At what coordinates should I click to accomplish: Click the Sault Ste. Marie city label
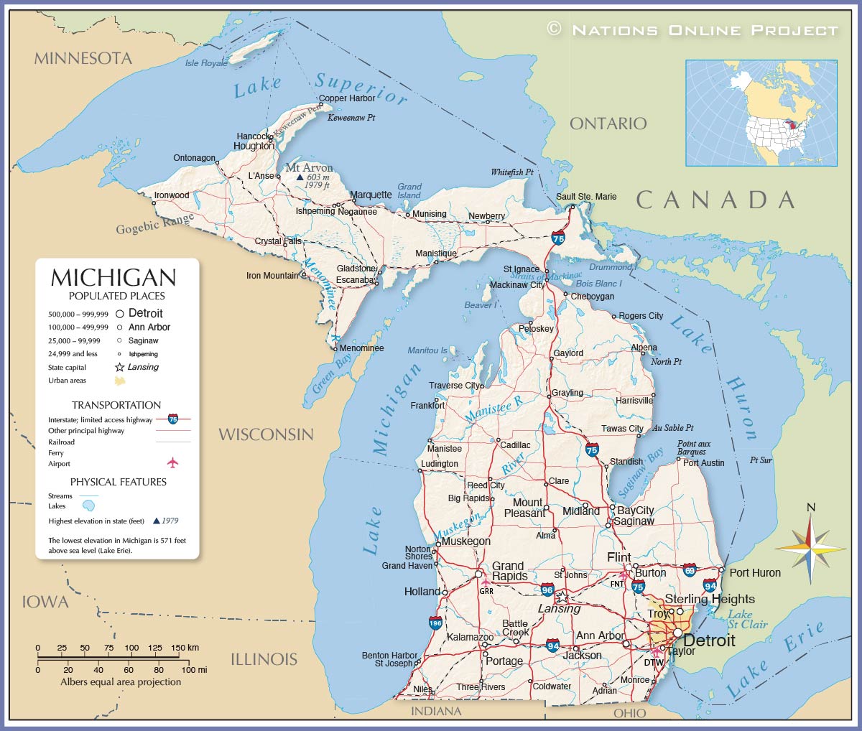pos(586,196)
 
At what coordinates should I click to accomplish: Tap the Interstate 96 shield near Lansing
pos(547,590)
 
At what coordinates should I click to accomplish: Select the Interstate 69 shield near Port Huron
pos(689,570)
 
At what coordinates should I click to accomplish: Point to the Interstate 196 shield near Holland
pos(435,623)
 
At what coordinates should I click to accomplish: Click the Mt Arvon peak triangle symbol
pos(300,177)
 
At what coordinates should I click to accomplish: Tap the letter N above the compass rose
pos(811,508)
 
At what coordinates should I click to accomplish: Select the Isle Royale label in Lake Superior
pos(206,63)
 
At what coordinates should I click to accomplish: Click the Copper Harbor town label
pos(347,98)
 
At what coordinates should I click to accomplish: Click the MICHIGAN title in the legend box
pos(113,278)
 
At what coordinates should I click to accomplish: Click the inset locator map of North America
pos(761,113)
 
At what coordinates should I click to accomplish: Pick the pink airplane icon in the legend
pos(172,462)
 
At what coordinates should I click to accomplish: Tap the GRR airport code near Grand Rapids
pos(486,591)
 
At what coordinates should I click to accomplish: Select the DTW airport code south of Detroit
pos(653,662)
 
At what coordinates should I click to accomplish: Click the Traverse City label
pos(455,386)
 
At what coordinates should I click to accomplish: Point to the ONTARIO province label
pos(608,124)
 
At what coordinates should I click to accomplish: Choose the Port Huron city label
pos(755,572)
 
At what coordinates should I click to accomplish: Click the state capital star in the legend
pos(120,367)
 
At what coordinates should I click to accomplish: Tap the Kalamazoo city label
pos(470,637)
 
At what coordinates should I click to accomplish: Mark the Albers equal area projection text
pos(121,681)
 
